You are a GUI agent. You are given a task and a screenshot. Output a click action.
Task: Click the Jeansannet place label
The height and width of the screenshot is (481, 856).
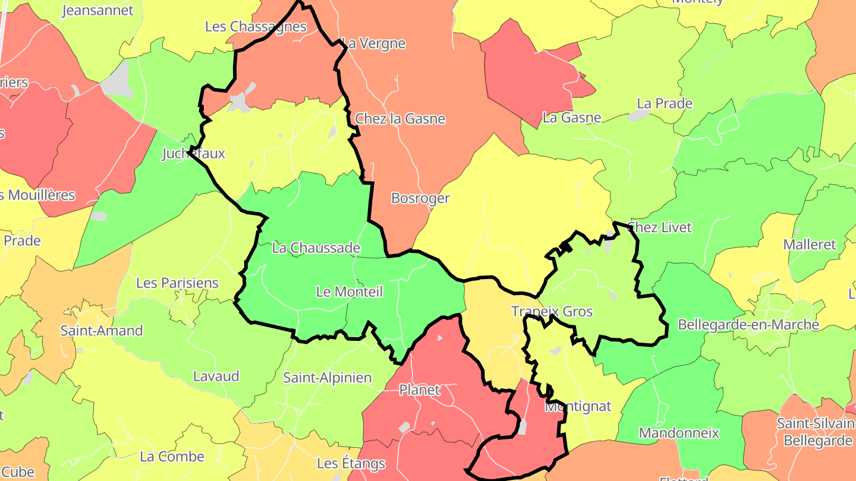(x=97, y=11)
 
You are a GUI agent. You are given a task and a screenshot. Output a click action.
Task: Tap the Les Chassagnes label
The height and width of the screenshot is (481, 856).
(x=256, y=27)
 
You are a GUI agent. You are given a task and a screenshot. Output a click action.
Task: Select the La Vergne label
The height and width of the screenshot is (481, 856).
(x=375, y=43)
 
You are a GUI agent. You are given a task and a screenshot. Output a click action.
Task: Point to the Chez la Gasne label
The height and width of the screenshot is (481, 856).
(x=400, y=119)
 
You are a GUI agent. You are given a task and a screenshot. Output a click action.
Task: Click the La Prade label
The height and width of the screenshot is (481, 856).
(x=665, y=103)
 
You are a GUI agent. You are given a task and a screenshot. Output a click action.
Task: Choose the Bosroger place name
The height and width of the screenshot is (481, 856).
(x=420, y=198)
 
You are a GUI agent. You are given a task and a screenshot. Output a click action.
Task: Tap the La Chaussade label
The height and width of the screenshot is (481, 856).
(x=316, y=248)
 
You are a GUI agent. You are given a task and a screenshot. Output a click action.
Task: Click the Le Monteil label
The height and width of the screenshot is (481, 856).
(x=350, y=292)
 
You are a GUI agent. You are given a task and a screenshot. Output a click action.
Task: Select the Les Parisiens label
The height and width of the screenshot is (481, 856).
(x=177, y=283)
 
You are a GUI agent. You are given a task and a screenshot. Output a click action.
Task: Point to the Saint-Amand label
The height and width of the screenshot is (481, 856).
(x=102, y=331)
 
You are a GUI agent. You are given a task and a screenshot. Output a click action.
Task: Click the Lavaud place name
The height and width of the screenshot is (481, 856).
(x=216, y=376)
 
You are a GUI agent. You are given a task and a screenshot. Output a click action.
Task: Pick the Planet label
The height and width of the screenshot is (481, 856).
(x=420, y=390)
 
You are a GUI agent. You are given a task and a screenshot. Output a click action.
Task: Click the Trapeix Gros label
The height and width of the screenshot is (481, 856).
(x=552, y=311)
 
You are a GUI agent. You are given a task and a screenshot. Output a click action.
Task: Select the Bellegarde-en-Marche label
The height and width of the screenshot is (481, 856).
(x=748, y=325)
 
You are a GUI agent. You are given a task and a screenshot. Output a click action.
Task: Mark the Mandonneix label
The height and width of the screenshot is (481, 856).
(x=679, y=433)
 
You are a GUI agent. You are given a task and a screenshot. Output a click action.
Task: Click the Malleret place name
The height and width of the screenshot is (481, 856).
(x=810, y=245)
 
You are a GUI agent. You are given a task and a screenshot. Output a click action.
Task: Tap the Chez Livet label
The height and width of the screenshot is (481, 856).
(x=660, y=227)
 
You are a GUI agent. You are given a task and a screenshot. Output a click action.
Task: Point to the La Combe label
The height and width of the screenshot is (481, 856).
(x=172, y=457)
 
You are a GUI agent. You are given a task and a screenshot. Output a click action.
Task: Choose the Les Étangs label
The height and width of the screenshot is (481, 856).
(x=351, y=463)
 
